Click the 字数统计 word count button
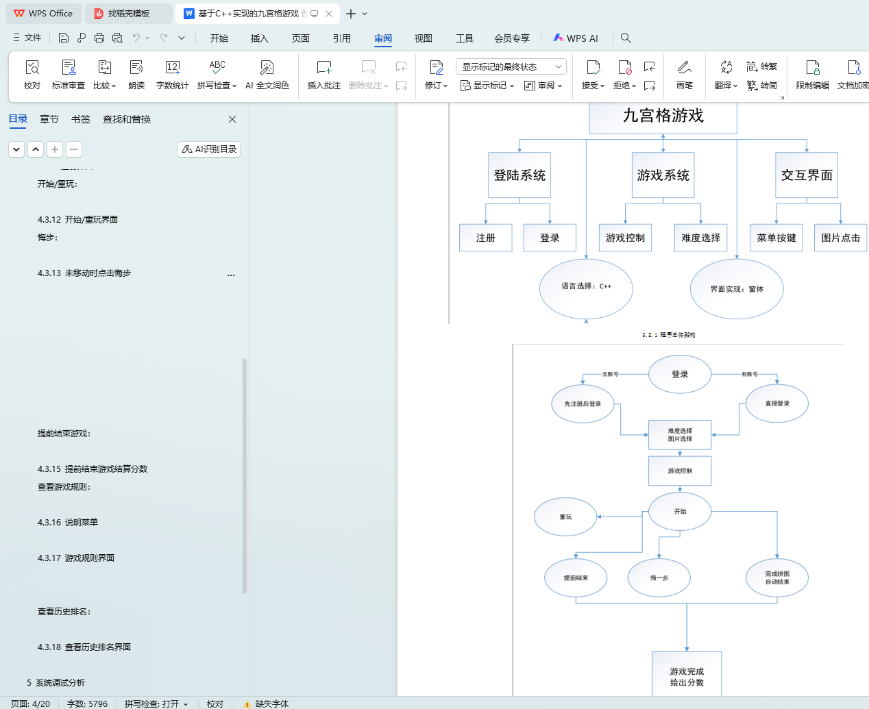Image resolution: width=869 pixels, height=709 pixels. click(172, 74)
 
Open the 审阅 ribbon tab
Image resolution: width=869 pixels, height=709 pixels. click(383, 38)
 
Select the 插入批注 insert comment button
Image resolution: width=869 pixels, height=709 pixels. click(323, 74)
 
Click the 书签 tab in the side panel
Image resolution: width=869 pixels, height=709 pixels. click(81, 119)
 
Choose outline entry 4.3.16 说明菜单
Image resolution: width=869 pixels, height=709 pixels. click(68, 522)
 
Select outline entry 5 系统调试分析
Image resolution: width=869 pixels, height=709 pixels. click(56, 682)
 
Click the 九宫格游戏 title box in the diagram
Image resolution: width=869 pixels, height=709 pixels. click(663, 116)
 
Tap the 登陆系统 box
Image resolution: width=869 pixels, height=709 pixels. click(519, 175)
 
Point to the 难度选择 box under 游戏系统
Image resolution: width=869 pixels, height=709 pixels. click(700, 238)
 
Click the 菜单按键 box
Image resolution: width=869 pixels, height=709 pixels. click(776, 238)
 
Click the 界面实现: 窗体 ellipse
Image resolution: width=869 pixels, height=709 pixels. click(737, 289)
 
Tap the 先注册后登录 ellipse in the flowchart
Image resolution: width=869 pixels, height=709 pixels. click(583, 404)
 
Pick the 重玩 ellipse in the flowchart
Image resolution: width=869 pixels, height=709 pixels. click(565, 517)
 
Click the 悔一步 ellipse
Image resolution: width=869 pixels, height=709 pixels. click(659, 577)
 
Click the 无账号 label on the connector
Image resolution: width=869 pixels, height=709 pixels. click(610, 374)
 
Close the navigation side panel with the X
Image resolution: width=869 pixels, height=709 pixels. click(232, 119)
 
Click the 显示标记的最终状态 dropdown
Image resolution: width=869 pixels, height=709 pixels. click(511, 66)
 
